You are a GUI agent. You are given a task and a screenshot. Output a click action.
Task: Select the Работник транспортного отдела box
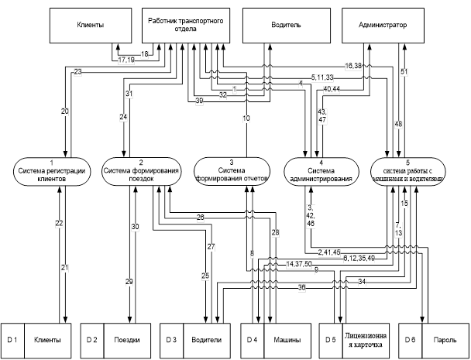186,26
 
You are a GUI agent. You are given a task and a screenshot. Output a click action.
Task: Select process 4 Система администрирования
322,172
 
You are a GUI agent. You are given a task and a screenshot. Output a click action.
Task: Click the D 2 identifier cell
91,340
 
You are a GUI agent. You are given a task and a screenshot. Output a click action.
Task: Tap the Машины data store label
286,340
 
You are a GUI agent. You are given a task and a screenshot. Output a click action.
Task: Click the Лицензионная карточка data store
364,340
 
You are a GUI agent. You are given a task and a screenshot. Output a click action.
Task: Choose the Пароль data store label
443,340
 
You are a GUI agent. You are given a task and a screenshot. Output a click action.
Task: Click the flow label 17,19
126,59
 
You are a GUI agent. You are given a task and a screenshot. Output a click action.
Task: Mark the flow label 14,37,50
298,264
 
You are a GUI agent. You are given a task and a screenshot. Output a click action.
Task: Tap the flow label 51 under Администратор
404,73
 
